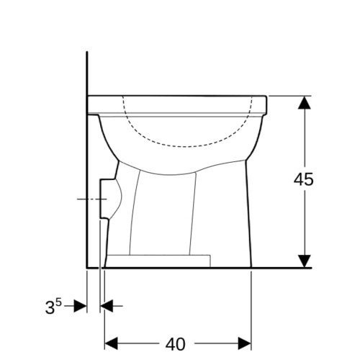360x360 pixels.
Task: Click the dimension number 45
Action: click(x=304, y=179)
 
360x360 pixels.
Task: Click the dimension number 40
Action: click(x=176, y=344)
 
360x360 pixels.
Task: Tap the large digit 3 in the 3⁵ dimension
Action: click(x=50, y=307)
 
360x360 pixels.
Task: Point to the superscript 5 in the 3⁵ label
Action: click(x=59, y=302)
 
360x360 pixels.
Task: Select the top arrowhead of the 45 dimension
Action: click(x=305, y=102)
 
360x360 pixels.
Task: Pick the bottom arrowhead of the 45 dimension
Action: click(x=305, y=261)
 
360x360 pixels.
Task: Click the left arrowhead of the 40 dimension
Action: click(x=111, y=343)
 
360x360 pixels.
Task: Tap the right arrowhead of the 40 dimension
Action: click(x=245, y=343)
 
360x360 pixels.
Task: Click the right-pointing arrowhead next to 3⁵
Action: click(x=80, y=306)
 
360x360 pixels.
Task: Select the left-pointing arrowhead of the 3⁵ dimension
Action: click(x=107, y=306)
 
